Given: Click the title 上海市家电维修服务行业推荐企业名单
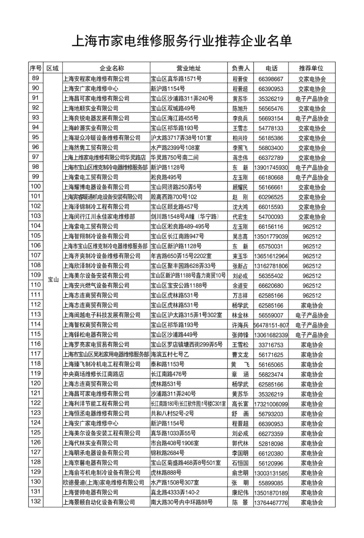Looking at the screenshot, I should click(182, 41).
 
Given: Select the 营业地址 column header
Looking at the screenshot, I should click(188, 68).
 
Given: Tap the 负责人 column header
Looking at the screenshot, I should click(240, 68).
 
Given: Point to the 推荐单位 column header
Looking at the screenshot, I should click(311, 68).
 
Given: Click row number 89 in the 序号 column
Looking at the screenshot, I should click(35, 78).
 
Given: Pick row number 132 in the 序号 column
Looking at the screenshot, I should click(35, 501).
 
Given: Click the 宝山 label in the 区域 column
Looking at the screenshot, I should click(53, 280).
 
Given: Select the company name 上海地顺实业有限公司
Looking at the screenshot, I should click(91, 108).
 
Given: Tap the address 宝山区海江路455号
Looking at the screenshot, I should click(175, 118).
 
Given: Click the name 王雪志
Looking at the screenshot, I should click(240, 128).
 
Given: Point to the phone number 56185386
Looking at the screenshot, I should click(271, 138).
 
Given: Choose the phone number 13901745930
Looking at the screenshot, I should click(271, 168).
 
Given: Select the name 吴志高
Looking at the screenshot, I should click(240, 236).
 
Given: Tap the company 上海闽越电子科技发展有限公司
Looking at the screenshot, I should click(102, 315).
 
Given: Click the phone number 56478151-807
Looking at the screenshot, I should click(271, 325).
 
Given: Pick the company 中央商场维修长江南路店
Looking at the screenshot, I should click(93, 374).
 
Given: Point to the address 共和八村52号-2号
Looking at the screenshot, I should click(172, 414).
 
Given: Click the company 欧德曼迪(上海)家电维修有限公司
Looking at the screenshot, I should click(103, 482).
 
